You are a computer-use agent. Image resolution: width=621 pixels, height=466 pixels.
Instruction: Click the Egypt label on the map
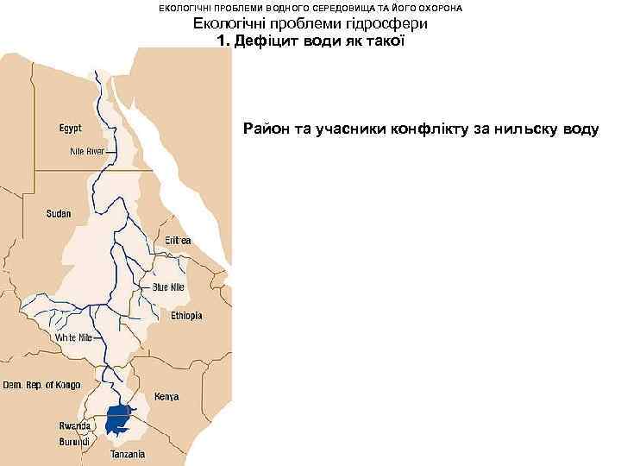point(71,129)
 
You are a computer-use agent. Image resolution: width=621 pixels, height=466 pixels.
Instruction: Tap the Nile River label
point(87,151)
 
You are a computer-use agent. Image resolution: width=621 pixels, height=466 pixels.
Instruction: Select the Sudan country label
point(60,212)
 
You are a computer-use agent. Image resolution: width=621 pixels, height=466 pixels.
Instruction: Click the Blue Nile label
point(169,287)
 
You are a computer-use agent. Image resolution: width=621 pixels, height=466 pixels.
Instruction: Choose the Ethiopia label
point(186,316)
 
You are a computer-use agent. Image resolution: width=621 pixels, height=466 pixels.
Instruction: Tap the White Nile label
point(74,337)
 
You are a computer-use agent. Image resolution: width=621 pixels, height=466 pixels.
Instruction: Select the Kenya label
point(166,397)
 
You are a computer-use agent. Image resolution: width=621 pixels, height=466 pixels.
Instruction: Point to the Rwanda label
point(75,426)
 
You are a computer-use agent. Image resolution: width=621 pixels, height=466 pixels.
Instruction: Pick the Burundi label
point(74,441)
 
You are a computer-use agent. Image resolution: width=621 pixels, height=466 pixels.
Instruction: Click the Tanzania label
point(128,454)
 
